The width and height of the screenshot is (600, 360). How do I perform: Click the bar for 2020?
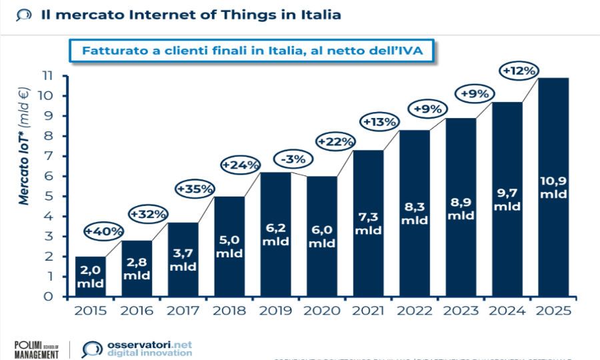[321, 236]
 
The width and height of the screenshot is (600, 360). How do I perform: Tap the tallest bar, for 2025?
[553, 187]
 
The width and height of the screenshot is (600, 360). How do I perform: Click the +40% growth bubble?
[104, 231]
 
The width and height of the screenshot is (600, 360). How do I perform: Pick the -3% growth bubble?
[291, 159]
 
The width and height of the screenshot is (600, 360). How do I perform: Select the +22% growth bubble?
[336, 141]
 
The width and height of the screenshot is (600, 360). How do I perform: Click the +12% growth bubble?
[519, 70]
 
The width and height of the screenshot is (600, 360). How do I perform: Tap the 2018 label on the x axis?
[229, 311]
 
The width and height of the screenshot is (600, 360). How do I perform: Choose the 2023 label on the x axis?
[461, 311]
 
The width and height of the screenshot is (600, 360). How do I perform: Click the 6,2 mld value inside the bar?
[275, 234]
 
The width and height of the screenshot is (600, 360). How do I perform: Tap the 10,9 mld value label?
[553, 187]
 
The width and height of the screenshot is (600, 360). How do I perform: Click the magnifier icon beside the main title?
[23, 15]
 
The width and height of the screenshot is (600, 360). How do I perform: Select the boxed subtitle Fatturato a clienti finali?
[253, 50]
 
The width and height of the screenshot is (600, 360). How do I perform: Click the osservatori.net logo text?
[149, 345]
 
